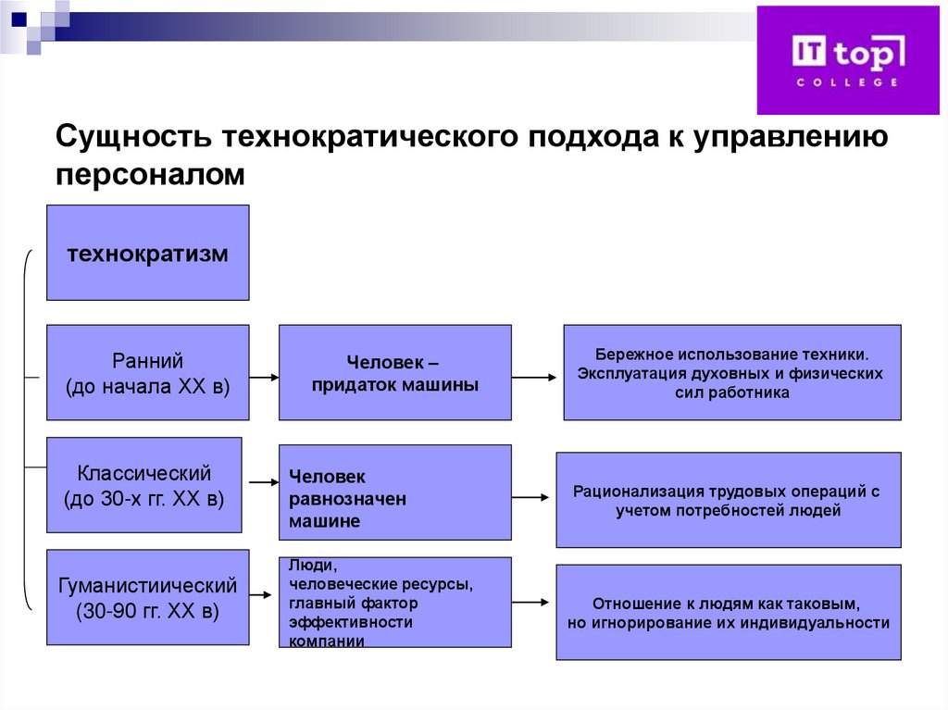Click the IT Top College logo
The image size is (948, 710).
pos(847,59)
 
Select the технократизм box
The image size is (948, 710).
pos(147,253)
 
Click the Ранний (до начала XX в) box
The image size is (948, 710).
pos(147,373)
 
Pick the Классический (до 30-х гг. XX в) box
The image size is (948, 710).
pos(143,485)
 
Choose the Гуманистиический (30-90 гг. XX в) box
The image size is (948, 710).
pos(147,597)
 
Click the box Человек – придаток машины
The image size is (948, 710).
pos(394,372)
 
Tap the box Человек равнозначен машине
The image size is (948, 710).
pos(394,492)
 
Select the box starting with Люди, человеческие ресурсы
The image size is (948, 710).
pos(394,602)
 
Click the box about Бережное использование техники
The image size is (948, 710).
pos(731,372)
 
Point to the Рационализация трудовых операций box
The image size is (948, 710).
pos(728,500)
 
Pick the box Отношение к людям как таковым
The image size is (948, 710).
pos(728,612)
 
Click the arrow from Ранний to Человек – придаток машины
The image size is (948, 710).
pos(264,377)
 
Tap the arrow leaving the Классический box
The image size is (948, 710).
pos(264,481)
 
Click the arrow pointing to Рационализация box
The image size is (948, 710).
pos(530,497)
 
